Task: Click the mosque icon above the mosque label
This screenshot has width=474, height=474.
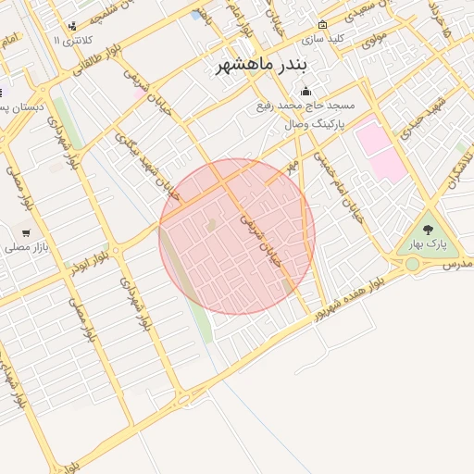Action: (305, 92)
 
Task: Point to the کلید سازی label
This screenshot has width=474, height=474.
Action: (322, 40)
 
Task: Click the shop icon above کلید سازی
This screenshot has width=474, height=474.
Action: (322, 25)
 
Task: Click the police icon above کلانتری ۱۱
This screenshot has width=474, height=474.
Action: (72, 26)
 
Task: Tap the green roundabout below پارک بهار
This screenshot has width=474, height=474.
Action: (412, 265)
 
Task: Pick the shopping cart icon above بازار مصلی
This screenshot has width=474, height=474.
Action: (26, 232)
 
